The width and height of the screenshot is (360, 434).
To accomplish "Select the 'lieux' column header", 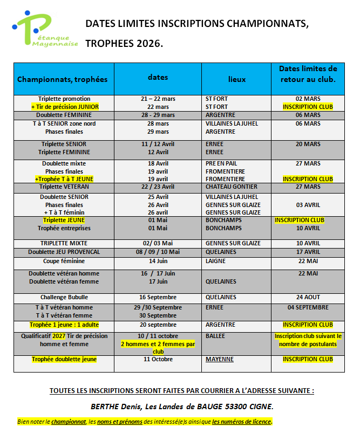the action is [x=236, y=79].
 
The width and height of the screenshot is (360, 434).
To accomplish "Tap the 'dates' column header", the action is [x=158, y=77].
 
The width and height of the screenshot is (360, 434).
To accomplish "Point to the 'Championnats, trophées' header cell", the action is [x=63, y=79].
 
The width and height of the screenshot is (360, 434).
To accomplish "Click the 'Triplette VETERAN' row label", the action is [x=64, y=187].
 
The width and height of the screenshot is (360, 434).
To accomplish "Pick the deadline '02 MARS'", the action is [x=308, y=99].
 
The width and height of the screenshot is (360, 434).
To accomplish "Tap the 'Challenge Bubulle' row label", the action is [x=64, y=297].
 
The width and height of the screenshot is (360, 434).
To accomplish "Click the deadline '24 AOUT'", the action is [x=308, y=297].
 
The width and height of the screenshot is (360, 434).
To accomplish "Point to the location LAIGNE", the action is [x=216, y=261].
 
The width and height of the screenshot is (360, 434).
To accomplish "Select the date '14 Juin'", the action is [x=158, y=261].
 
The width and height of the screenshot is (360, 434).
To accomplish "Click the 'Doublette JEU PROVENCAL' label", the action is [x=64, y=252].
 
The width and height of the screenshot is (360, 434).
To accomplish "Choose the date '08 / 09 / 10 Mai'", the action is [x=158, y=252].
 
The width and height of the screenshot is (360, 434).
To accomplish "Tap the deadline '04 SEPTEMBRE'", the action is [x=308, y=307].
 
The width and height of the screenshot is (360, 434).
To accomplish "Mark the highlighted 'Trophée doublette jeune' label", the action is [x=64, y=359].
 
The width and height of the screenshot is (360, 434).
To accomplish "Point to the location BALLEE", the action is [x=216, y=335].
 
